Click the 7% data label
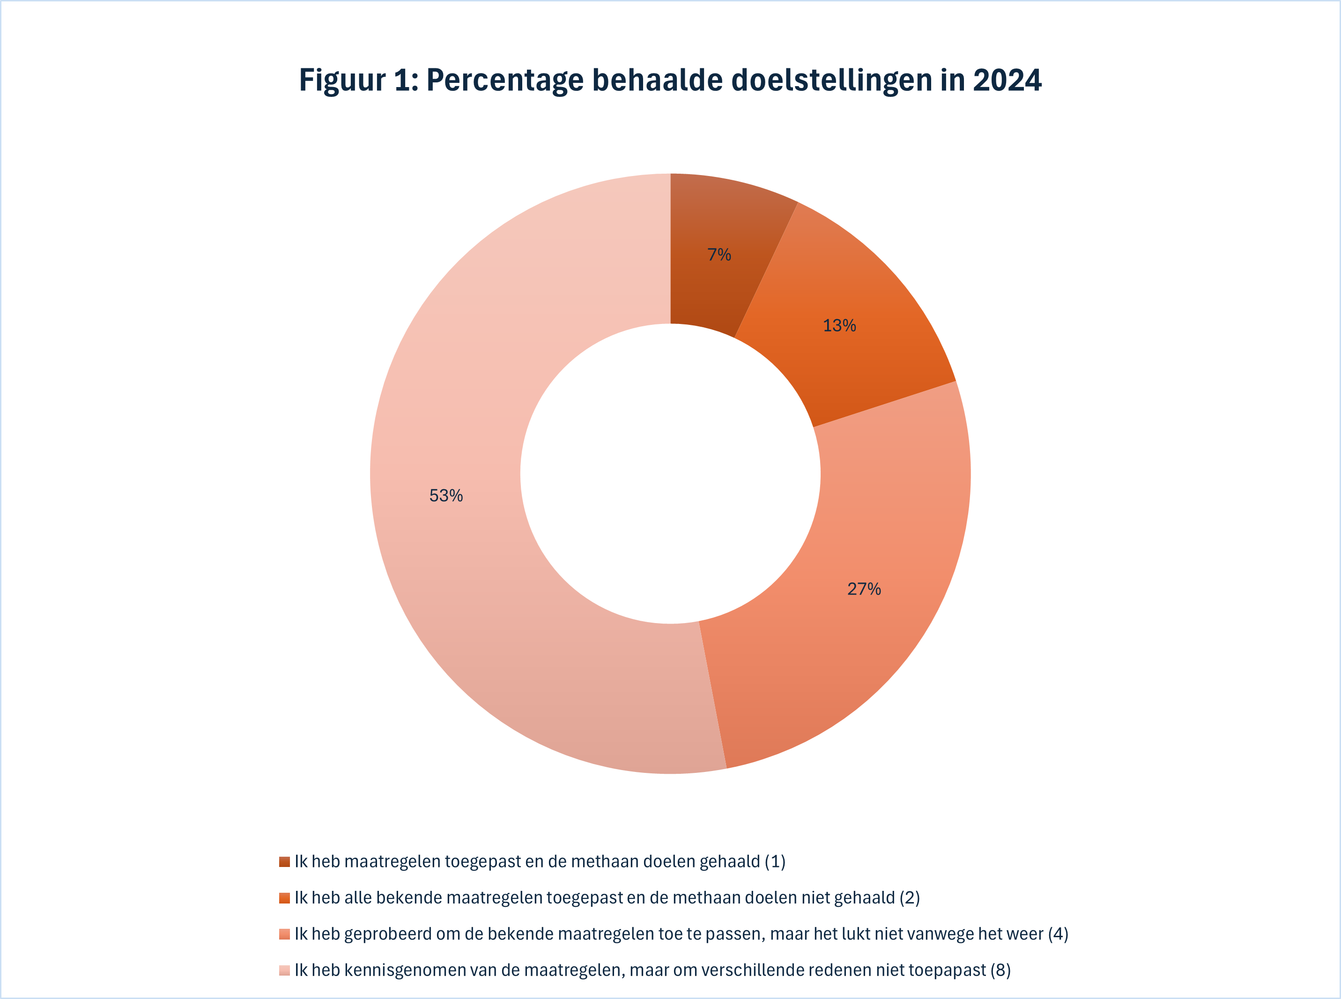(x=719, y=255)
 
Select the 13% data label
(x=839, y=325)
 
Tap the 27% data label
(x=864, y=589)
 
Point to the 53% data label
(x=446, y=496)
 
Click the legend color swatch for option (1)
(x=284, y=862)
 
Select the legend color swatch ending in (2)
(x=284, y=898)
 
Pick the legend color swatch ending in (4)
(x=284, y=934)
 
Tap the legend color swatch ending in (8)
(x=284, y=970)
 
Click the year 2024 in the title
(x=1007, y=81)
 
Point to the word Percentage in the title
(x=505, y=81)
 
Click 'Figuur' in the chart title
(x=342, y=81)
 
